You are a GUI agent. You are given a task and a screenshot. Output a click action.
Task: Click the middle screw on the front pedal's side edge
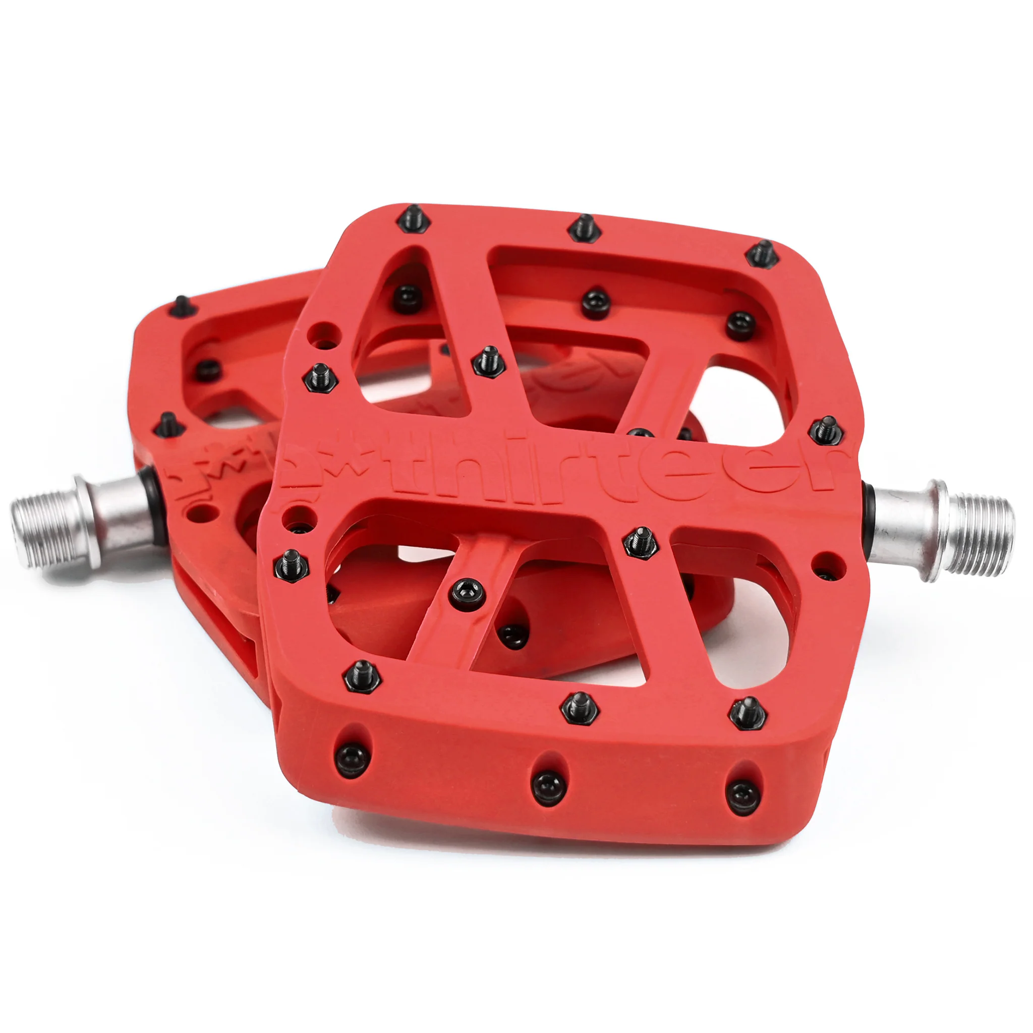(549, 788)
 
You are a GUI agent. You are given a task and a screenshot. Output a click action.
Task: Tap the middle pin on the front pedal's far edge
(585, 228)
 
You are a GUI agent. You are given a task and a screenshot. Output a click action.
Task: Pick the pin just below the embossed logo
(641, 543)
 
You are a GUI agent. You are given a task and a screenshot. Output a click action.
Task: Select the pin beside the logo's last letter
(826, 431)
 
